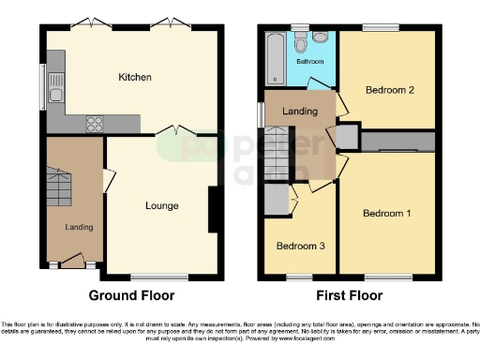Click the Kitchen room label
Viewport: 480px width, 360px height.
pos(135,76)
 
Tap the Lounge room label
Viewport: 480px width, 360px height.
pos(161,204)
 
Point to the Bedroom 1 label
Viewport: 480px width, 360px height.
pos(387,213)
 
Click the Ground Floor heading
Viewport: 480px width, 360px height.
pos(131,294)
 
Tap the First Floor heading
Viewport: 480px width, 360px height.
pos(349,294)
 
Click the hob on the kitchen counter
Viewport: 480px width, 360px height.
pos(97,122)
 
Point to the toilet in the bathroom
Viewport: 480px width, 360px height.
pos(300,43)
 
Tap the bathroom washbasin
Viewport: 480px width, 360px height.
pos(320,38)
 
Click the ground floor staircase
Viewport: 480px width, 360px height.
pos(56,186)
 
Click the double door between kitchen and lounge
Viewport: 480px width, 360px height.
pos(171,132)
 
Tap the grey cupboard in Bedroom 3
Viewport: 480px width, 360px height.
pos(276,200)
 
